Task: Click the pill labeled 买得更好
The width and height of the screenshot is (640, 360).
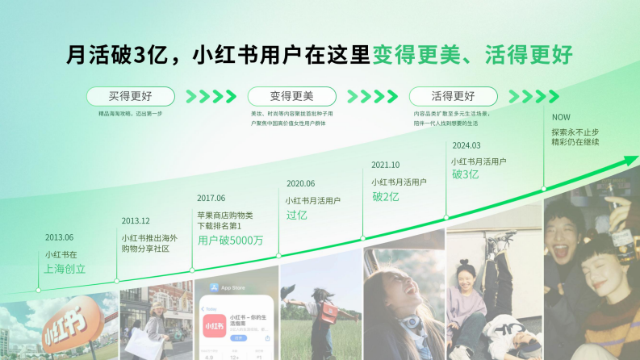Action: click(x=130, y=96)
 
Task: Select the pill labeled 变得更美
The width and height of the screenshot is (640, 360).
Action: click(x=291, y=96)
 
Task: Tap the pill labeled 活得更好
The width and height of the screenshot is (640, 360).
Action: click(x=453, y=96)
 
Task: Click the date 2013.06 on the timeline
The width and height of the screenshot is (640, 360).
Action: click(x=59, y=237)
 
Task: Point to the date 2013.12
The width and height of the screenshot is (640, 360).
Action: click(x=136, y=220)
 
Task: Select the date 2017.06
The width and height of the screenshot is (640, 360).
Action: click(x=211, y=198)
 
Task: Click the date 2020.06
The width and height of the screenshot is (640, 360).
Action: click(x=299, y=183)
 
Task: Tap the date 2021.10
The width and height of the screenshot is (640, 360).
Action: click(x=386, y=165)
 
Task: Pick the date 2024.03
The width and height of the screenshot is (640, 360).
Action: click(x=466, y=145)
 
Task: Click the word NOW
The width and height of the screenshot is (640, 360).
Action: click(x=561, y=117)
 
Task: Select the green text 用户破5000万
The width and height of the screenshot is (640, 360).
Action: click(x=230, y=241)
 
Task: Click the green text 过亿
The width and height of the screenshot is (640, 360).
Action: click(x=296, y=216)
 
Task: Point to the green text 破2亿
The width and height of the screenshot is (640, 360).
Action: click(x=386, y=196)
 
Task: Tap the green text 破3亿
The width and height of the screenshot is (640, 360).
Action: click(x=465, y=174)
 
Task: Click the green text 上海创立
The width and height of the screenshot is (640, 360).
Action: click(x=65, y=269)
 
